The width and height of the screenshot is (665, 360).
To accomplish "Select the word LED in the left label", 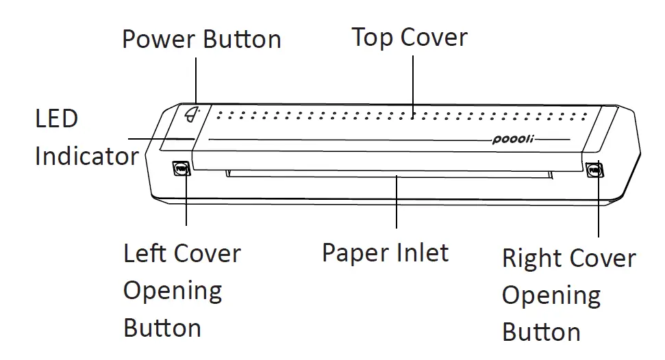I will pos(57,119).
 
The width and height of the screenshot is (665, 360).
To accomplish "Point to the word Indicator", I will pos(87,157).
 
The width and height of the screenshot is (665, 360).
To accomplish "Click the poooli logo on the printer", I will pos(513,140).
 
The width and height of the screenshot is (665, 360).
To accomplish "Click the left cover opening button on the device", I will pos(181,168).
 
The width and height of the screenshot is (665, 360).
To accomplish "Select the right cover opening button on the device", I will pos(594,168).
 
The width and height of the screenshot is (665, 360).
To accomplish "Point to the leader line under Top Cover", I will pos(413,86).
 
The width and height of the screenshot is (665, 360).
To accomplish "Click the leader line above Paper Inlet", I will pos(397,202).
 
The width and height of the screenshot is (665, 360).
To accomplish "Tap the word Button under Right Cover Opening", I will pos(541,333).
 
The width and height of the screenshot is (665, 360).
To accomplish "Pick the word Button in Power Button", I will pos(242,39).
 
